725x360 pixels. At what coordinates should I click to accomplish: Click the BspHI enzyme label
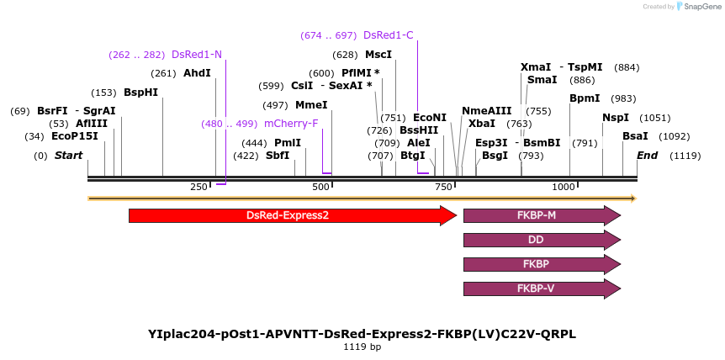pyautogui.click(x=140, y=93)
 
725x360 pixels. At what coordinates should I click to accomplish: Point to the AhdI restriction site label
pyautogui.click(x=197, y=73)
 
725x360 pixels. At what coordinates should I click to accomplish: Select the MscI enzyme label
pyautogui.click(x=378, y=55)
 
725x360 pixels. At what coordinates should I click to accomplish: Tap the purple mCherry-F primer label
pyautogui.click(x=291, y=124)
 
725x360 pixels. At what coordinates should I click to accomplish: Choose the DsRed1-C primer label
pyautogui.click(x=388, y=35)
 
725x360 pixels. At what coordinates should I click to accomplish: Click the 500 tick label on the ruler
pyautogui.click(x=321, y=187)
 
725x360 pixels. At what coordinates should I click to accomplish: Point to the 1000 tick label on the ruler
pyautogui.click(x=563, y=187)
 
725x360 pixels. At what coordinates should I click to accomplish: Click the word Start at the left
pyautogui.click(x=68, y=156)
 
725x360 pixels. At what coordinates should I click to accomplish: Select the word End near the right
pyautogui.click(x=647, y=156)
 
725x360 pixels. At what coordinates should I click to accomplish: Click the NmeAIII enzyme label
pyautogui.click(x=486, y=111)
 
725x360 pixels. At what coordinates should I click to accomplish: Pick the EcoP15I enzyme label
pyautogui.click(x=75, y=136)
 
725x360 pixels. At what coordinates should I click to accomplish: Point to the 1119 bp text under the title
pyautogui.click(x=362, y=347)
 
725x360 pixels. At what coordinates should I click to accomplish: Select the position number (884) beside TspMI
pyautogui.click(x=627, y=67)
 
